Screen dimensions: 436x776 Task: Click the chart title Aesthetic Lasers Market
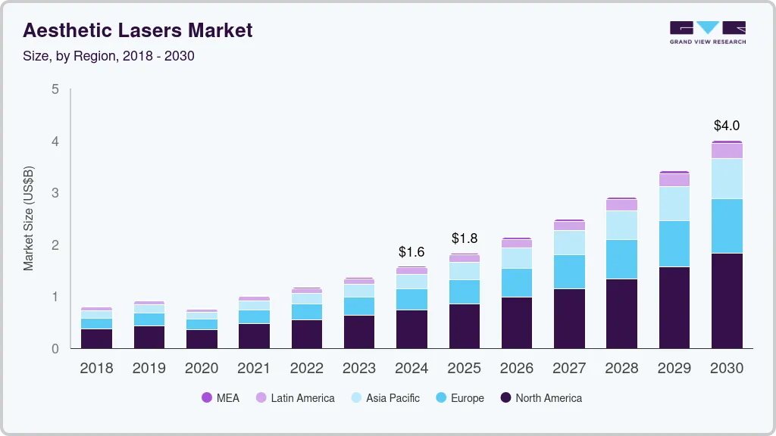tap(137, 30)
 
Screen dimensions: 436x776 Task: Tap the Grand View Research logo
tap(707, 33)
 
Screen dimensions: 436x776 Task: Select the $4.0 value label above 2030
tap(727, 126)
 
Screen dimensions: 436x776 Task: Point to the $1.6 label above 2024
tap(412, 251)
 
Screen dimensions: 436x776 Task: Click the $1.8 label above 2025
tap(465, 238)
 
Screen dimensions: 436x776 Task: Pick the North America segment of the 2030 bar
tap(727, 301)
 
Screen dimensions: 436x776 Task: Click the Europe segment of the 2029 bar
tap(674, 244)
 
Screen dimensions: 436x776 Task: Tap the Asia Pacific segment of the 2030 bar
tap(727, 179)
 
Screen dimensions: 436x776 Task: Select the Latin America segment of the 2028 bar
tap(622, 205)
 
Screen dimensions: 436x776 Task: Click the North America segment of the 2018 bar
tap(97, 338)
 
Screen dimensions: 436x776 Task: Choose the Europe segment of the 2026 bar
tap(517, 282)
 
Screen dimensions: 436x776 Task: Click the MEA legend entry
tap(221, 398)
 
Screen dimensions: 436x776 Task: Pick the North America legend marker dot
tap(505, 398)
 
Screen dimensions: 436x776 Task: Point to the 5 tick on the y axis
tap(55, 89)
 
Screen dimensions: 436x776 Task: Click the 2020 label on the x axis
tap(202, 369)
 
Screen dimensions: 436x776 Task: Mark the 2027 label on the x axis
tap(569, 369)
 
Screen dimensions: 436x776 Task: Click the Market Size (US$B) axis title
tap(29, 219)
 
